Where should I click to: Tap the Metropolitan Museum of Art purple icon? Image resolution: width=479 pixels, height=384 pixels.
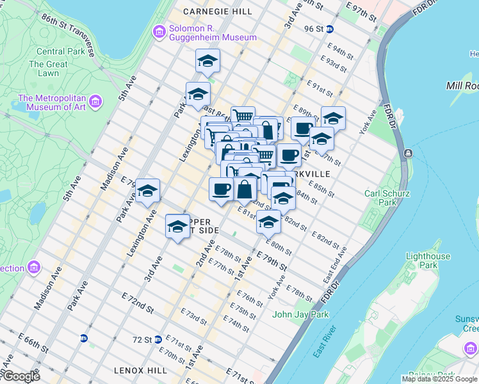point(95,102)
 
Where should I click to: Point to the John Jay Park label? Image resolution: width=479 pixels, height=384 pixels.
point(300,314)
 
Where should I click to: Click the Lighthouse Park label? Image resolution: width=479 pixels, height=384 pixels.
point(428,260)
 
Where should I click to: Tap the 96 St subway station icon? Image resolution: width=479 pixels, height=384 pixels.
point(329,29)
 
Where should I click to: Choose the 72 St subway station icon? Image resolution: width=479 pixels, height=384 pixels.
point(158,339)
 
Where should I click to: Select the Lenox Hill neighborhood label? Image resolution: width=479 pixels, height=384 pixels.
point(140,370)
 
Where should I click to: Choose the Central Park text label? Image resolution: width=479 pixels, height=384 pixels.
point(60,51)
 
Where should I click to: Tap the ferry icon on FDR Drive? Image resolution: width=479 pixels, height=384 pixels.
point(408,154)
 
